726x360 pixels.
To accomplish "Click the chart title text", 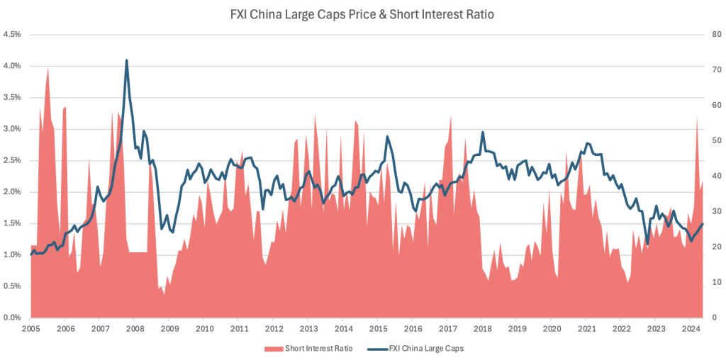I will (362, 13).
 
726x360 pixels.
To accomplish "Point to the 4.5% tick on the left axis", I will (12, 34).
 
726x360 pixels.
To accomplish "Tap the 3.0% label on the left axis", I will (12, 129).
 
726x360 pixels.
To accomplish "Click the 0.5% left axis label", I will (12, 286).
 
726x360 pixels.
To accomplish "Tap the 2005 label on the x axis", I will (30, 329).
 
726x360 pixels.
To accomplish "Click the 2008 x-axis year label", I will (135, 329).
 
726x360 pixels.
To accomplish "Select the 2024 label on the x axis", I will (691, 329).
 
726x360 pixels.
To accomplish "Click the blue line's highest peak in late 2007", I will (126, 60).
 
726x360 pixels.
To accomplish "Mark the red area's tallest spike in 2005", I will (48, 68).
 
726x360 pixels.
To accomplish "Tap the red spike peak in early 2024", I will (697, 117).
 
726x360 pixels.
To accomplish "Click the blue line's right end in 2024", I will (703, 224).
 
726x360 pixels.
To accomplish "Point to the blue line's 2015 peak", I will (387, 136).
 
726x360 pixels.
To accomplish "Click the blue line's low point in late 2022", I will (647, 244).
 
